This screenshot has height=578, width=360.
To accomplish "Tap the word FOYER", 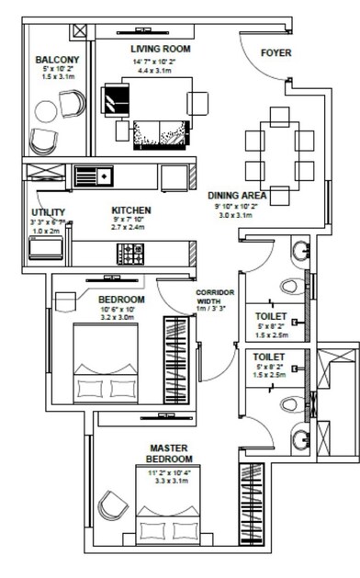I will coord(276,53).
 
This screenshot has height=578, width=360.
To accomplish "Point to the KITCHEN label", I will coord(130,210).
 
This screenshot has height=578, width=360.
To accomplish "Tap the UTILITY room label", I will coord(47,211).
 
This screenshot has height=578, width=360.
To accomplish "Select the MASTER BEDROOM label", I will coord(171,454).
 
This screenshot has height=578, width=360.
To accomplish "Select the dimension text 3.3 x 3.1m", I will coord(171,480).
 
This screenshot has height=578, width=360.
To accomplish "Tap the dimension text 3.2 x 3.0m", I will coord(121,317).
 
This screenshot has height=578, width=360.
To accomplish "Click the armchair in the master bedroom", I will coord(113,504).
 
